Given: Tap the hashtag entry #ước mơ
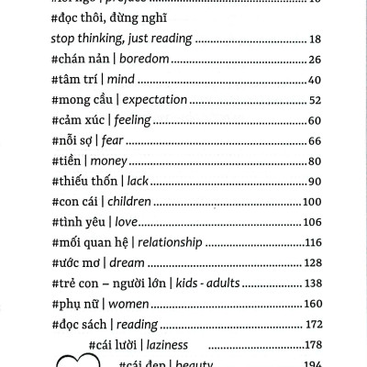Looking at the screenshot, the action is (x=81, y=261).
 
